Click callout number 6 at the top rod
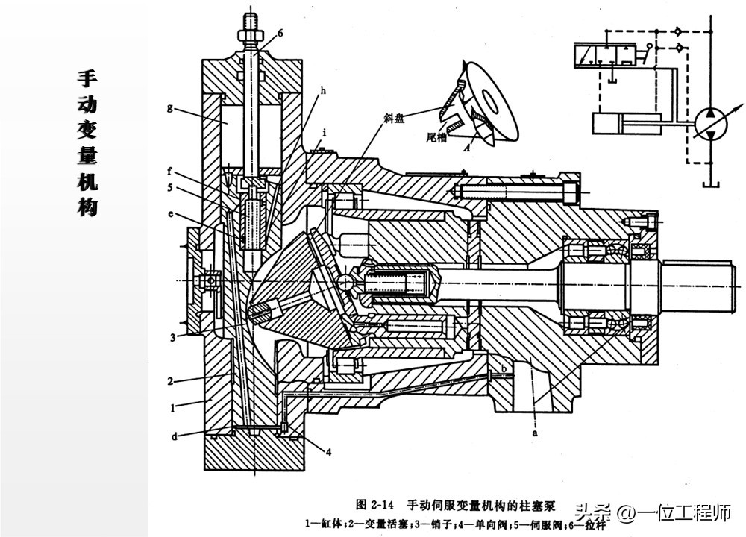pos(280,34)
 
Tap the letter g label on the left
pos(170,107)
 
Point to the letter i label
pos(325,134)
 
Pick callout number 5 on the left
pos(170,188)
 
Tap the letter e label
pos(170,214)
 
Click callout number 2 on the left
pos(170,380)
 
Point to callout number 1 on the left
pos(172,408)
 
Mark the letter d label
pos(174,436)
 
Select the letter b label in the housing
pos(504,368)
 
